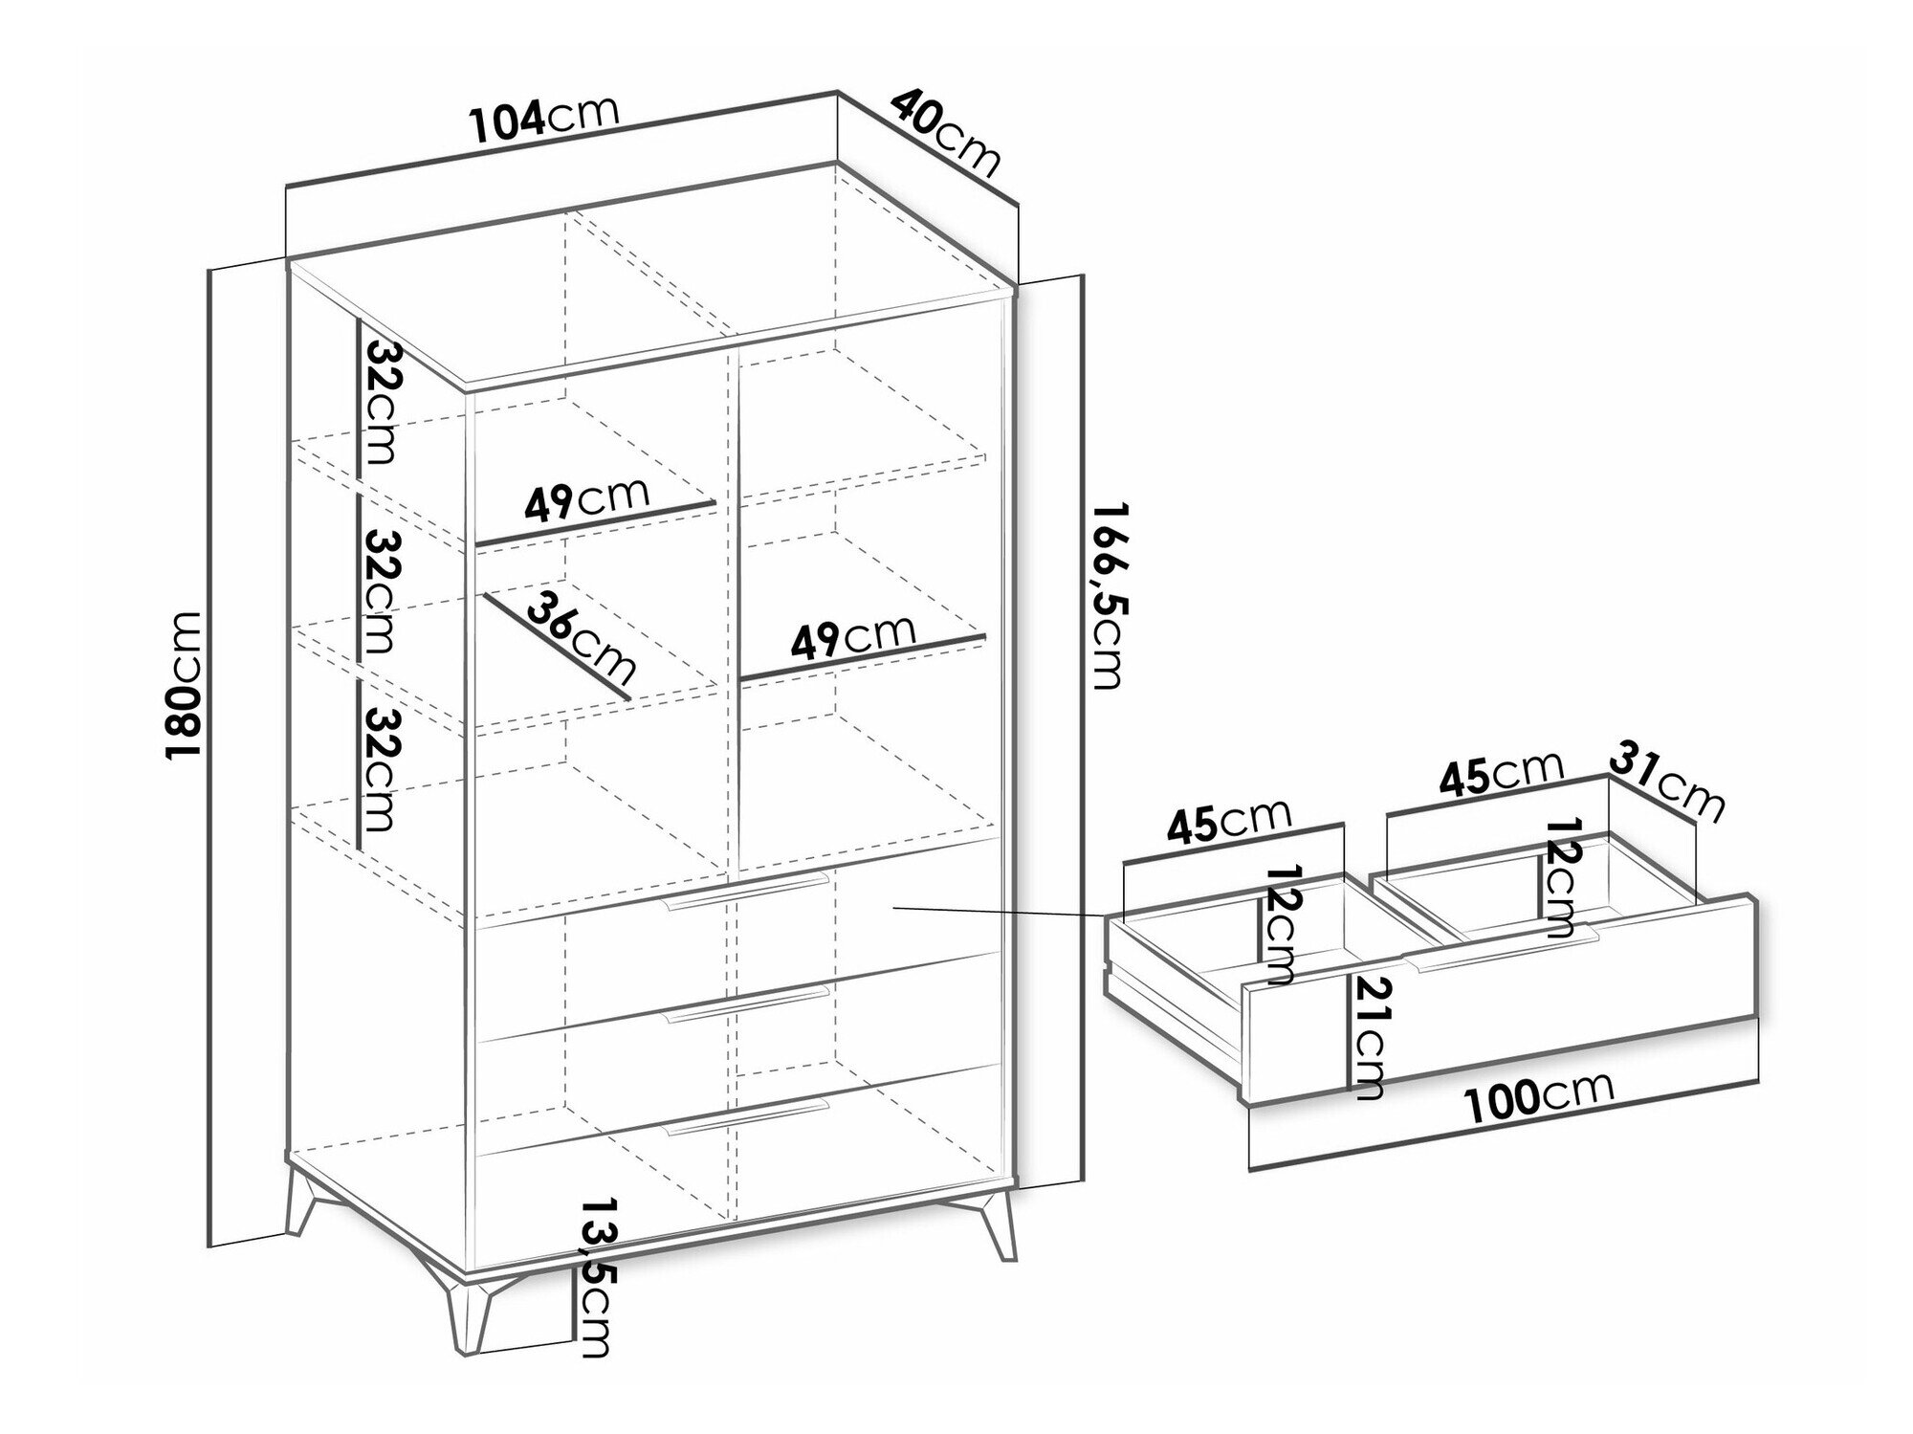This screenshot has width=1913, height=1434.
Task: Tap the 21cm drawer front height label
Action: (x=1365, y=1037)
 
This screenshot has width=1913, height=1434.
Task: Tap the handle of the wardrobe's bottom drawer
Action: (x=747, y=1116)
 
